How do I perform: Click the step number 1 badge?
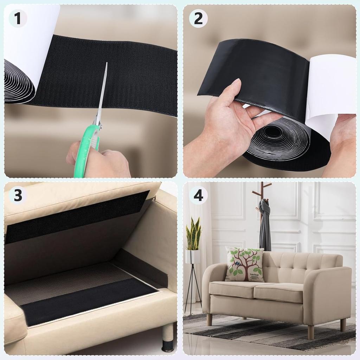pos(18,18)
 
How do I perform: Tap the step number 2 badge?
pos(198,19)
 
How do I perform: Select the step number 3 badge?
pos(18,195)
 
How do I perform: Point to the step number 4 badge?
pos(198,195)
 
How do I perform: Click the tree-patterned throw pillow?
pos(245,264)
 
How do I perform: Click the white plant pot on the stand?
pos(193,256)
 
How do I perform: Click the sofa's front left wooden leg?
pos(209,319)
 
